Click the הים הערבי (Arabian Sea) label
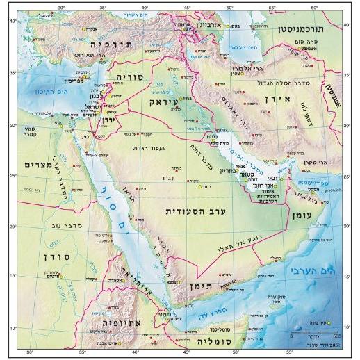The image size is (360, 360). (x=326, y=268)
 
